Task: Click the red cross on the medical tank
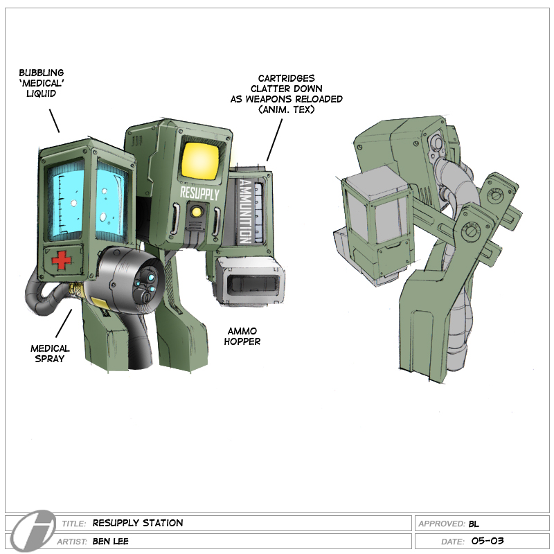point(62,260)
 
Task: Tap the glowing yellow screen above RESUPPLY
point(199,160)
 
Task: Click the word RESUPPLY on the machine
point(199,193)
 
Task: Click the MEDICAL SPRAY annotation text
point(50,354)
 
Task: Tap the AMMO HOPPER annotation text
point(242,337)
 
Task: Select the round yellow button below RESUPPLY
point(198,213)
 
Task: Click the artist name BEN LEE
point(113,542)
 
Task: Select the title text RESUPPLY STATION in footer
point(138,524)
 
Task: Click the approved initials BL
point(474,524)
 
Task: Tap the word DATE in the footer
point(454,542)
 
